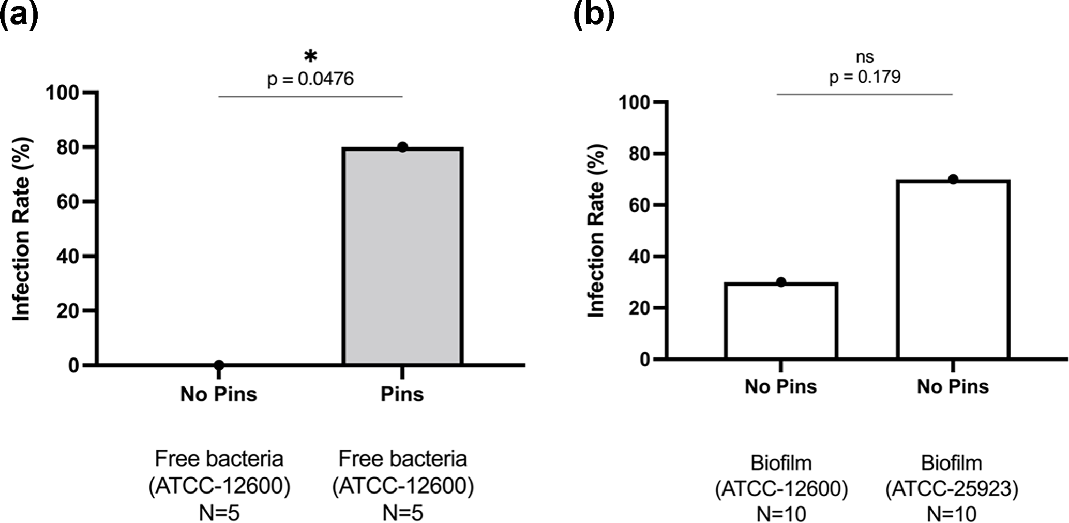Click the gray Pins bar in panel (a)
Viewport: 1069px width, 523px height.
[402, 256]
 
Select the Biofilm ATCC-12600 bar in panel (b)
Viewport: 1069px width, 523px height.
[781, 321]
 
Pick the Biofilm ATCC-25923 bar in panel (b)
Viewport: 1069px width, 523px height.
[953, 269]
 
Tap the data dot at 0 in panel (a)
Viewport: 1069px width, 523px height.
[219, 365]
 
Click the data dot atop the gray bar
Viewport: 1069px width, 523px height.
[402, 147]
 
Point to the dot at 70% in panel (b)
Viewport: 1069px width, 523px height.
[953, 180]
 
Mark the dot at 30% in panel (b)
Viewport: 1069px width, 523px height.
[781, 282]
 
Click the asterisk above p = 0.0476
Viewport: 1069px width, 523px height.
[310, 56]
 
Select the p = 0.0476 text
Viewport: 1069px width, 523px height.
[310, 79]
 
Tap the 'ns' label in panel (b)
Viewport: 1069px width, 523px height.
[865, 56]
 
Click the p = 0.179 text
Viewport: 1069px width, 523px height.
[865, 77]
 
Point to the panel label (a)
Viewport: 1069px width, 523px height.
[19, 14]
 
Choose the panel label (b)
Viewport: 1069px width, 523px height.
[594, 14]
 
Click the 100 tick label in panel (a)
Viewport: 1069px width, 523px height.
[62, 93]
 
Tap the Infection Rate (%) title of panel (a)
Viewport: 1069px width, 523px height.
[22, 229]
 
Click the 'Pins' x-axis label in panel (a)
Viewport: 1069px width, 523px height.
[402, 394]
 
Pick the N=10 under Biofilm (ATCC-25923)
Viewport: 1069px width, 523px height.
[952, 514]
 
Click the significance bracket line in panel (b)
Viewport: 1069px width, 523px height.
[865, 94]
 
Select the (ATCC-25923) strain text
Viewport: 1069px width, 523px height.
[952, 489]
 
